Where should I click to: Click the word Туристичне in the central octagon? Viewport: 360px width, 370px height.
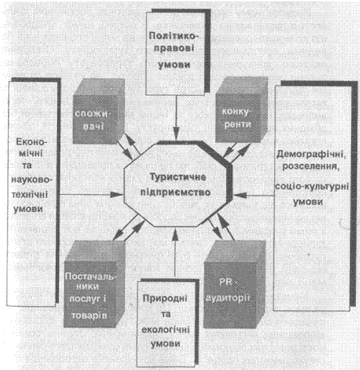(178, 177)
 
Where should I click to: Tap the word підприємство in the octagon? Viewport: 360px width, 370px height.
(175, 193)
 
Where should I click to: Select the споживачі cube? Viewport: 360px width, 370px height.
(99, 111)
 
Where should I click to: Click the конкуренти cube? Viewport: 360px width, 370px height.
(242, 109)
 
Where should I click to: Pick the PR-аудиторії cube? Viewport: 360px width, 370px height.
(234, 284)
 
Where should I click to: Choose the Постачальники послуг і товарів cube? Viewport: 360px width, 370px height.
(94, 284)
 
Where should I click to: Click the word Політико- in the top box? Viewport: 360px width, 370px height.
(174, 36)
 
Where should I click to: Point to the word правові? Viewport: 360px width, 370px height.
(174, 48)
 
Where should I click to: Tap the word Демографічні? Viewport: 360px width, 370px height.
(311, 154)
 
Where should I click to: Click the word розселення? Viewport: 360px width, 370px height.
(311, 166)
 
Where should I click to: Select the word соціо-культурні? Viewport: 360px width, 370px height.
(312, 186)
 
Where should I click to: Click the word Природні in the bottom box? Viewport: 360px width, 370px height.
(165, 298)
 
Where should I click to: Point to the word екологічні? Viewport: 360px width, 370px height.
(166, 329)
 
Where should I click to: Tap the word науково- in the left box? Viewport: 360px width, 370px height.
(31, 180)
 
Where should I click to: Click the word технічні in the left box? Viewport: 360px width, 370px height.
(30, 195)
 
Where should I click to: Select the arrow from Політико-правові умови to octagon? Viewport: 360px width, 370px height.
(176, 118)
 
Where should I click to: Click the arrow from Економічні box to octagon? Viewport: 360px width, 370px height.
(91, 195)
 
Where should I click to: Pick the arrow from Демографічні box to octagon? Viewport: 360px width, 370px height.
(254, 195)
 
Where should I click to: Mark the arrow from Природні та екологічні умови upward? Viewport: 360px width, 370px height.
(175, 252)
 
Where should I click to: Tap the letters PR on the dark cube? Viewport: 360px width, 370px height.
(225, 282)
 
